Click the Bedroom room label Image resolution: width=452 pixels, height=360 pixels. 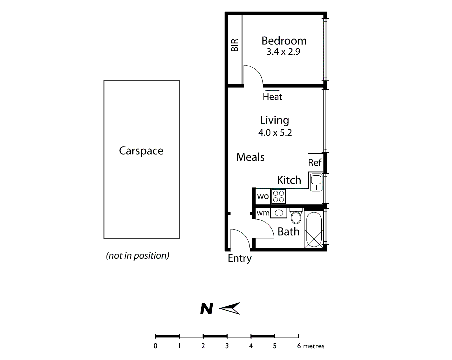pyautogui.click(x=284, y=41)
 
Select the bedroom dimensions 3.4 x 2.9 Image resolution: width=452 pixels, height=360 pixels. pyautogui.click(x=283, y=52)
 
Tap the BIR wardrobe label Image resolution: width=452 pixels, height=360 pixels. pyautogui.click(x=235, y=45)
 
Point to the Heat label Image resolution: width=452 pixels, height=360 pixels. pyautogui.click(x=272, y=97)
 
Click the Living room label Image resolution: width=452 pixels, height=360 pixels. pyautogui.click(x=274, y=120)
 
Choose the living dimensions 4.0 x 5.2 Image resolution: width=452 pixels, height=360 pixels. pyautogui.click(x=275, y=133)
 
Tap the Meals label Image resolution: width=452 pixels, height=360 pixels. pyautogui.click(x=250, y=157)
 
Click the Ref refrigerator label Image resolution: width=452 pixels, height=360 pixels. pyautogui.click(x=315, y=162)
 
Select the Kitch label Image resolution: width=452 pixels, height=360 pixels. pyautogui.click(x=289, y=180)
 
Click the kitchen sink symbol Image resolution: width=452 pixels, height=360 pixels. pyautogui.click(x=316, y=182)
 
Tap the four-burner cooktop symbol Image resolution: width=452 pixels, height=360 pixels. pyautogui.click(x=279, y=196)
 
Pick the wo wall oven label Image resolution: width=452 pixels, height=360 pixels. pyautogui.click(x=263, y=196)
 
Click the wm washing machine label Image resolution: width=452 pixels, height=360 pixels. pyautogui.click(x=263, y=213)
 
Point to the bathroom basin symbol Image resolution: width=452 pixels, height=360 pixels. pyautogui.click(x=279, y=213)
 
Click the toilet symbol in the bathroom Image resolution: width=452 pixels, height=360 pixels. pyautogui.click(x=296, y=216)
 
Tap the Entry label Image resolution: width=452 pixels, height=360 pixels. pyautogui.click(x=239, y=258)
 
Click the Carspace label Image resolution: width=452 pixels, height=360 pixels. pyautogui.click(x=141, y=151)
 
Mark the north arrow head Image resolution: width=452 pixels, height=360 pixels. pyautogui.click(x=230, y=309)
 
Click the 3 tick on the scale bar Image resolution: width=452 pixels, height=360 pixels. pyautogui.click(x=227, y=336)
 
